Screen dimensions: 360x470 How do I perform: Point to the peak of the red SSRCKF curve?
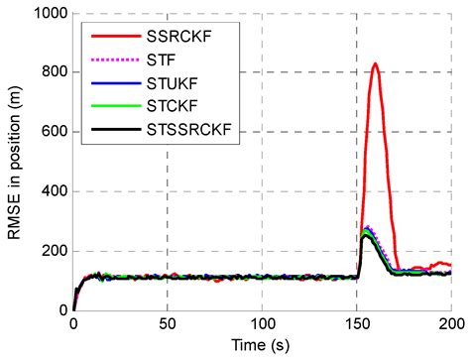pyautogui.click(x=375, y=64)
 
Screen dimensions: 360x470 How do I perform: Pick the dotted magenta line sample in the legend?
pyautogui.click(x=111, y=67)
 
